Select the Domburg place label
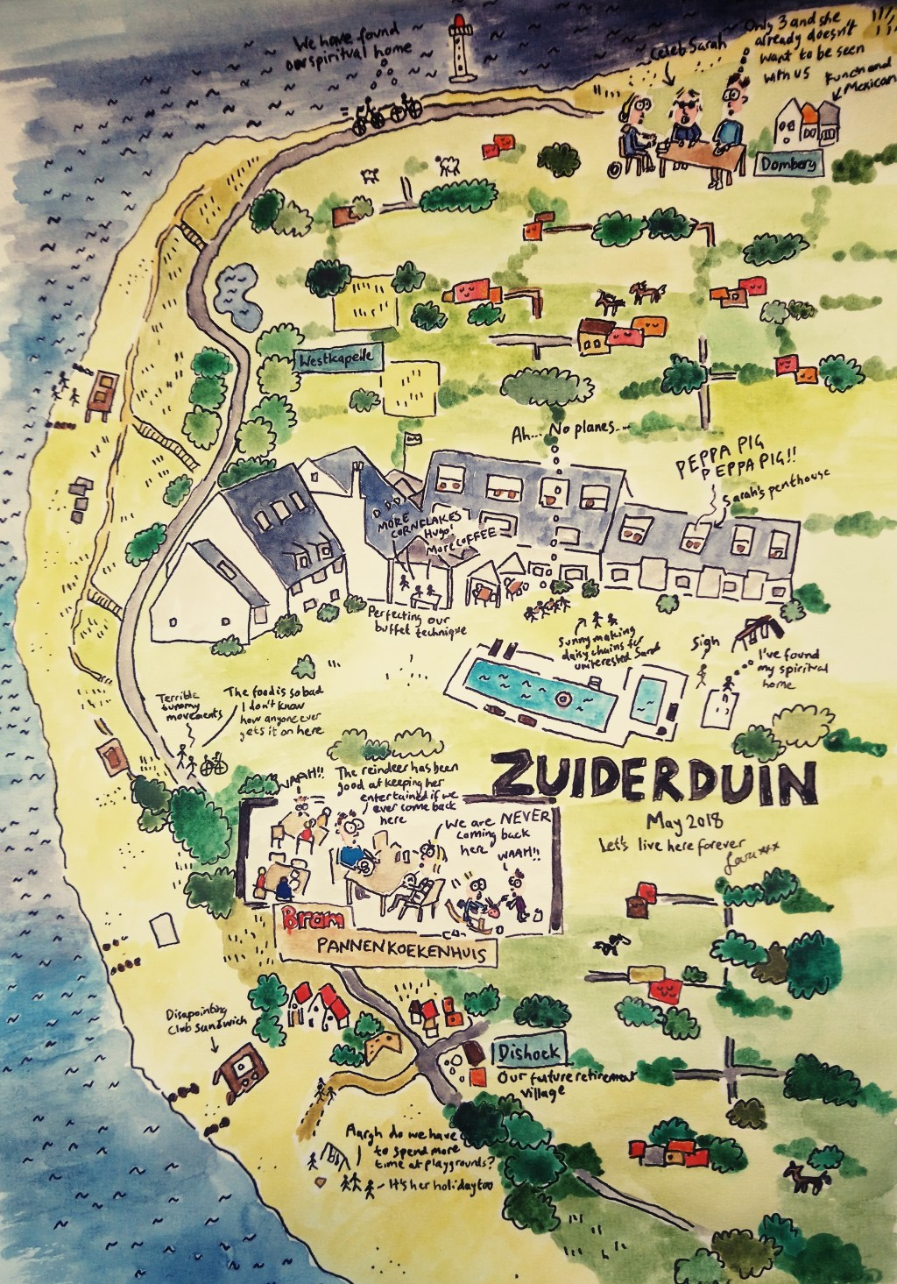tap(803, 164)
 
